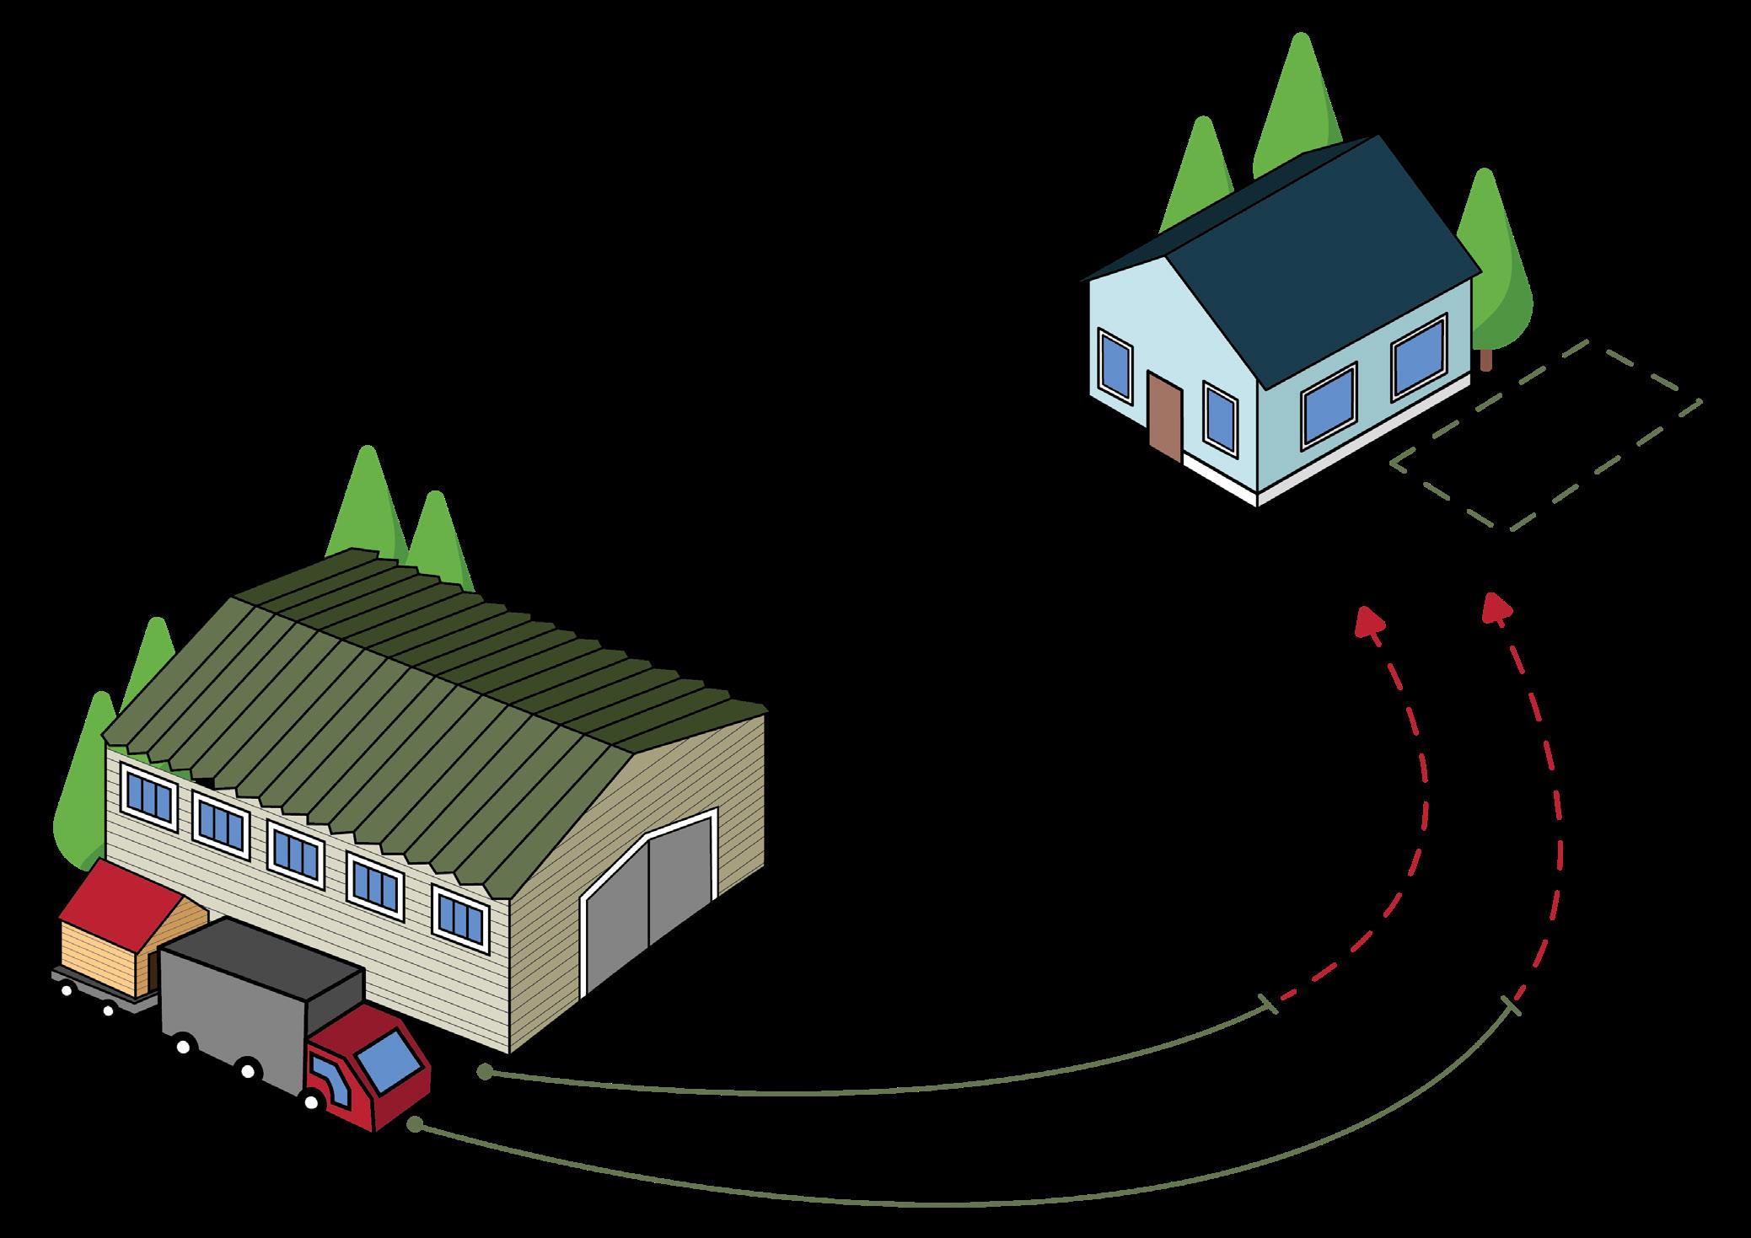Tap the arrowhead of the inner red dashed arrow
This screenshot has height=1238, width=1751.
[1370, 622]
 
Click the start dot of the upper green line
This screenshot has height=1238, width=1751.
[484, 1072]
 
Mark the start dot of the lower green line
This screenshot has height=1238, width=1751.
[414, 1125]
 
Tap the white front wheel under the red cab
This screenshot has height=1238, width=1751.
[311, 1101]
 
